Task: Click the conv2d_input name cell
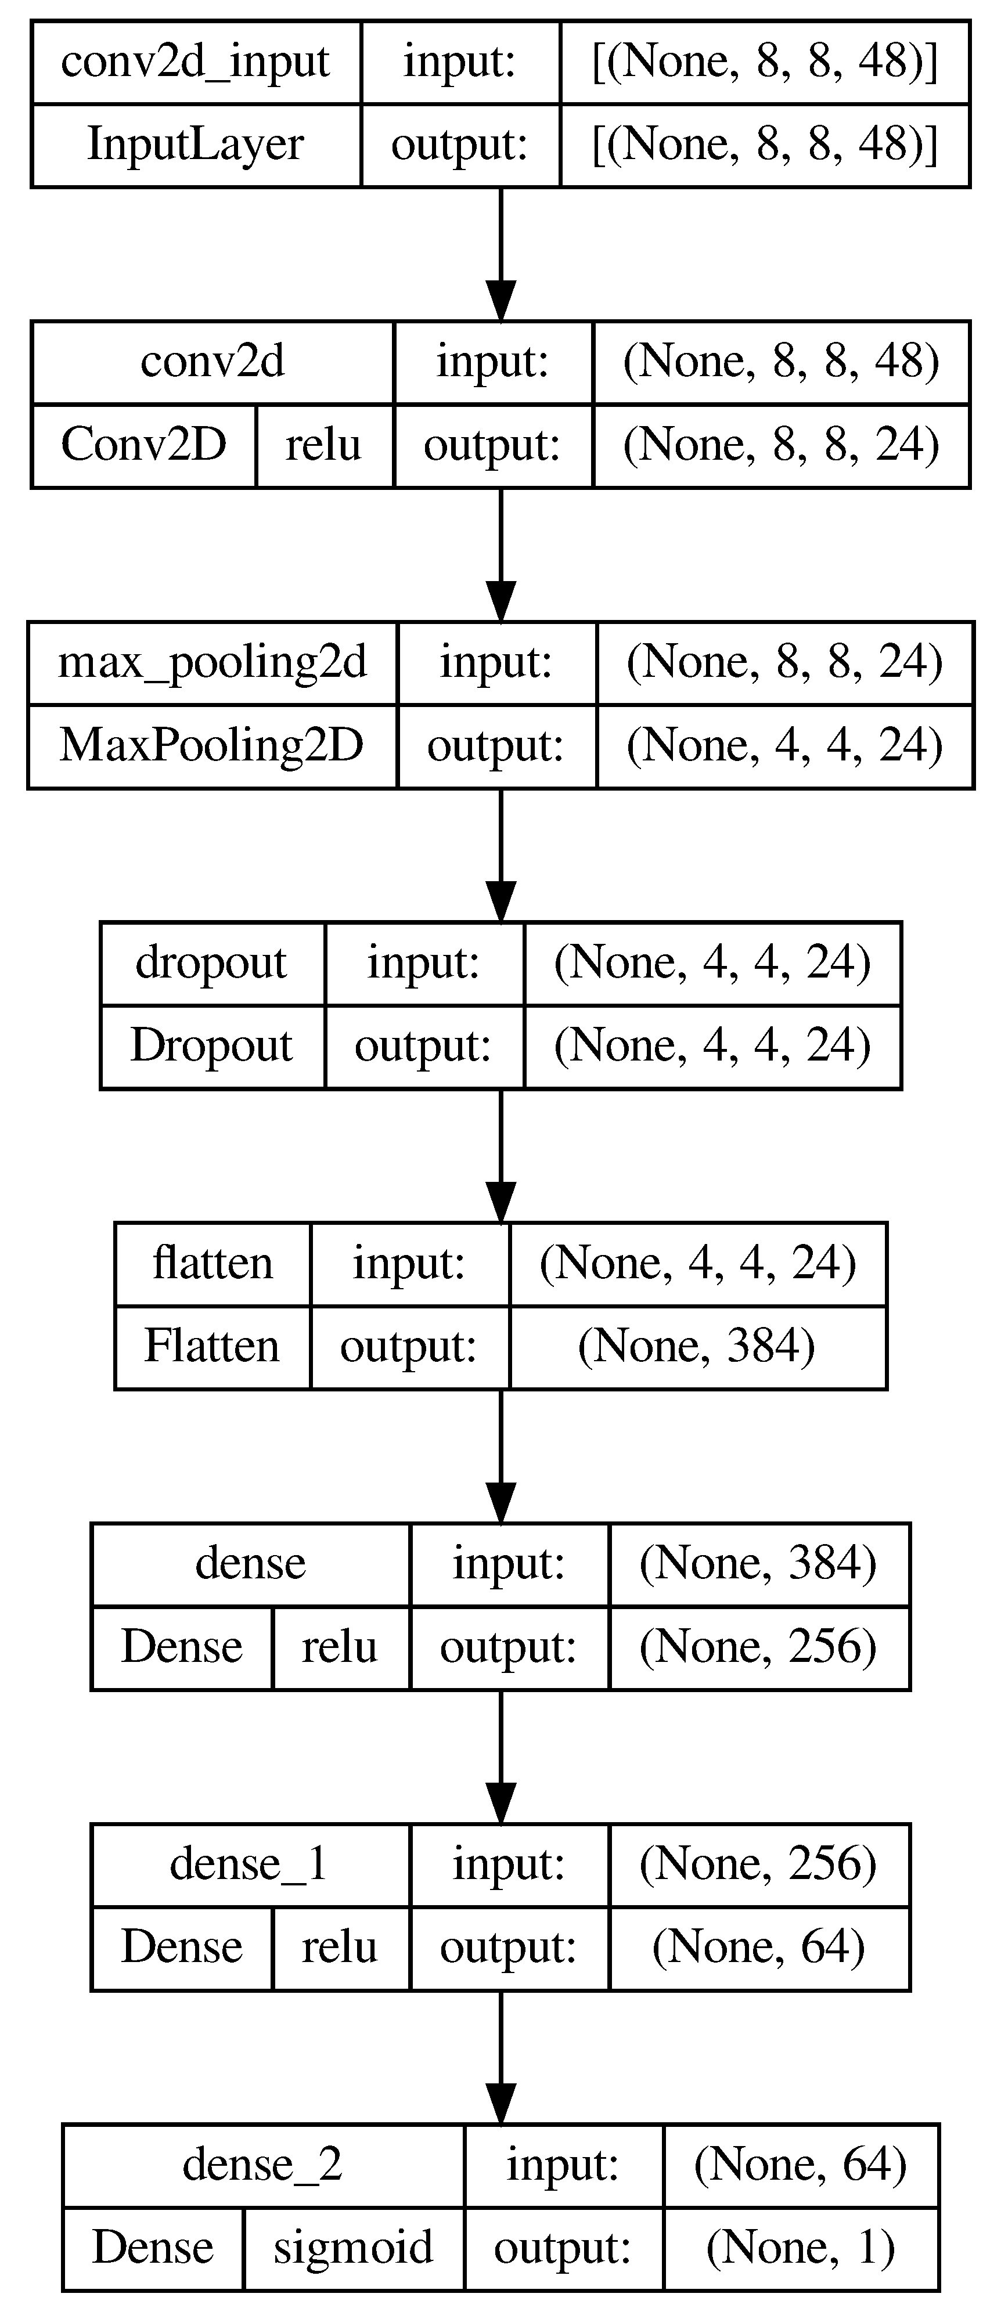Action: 195,63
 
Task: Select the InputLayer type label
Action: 195,145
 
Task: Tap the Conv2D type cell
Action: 143,445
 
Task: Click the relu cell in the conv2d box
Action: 323,445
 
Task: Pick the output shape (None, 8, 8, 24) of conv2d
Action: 780,445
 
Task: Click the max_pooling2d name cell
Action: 213,663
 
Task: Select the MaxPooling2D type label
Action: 213,745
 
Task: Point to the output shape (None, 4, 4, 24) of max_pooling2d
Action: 784,745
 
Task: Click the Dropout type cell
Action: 211,1047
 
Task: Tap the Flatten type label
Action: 213,1347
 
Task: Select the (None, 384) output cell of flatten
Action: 697,1347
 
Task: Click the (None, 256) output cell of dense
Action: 758,1647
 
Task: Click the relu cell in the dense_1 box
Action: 340,1948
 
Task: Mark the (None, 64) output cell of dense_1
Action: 758,1948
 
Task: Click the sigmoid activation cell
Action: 353,2248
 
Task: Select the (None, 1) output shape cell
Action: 800,2248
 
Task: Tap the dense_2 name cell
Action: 262,2166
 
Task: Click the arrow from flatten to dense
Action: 500,1455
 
